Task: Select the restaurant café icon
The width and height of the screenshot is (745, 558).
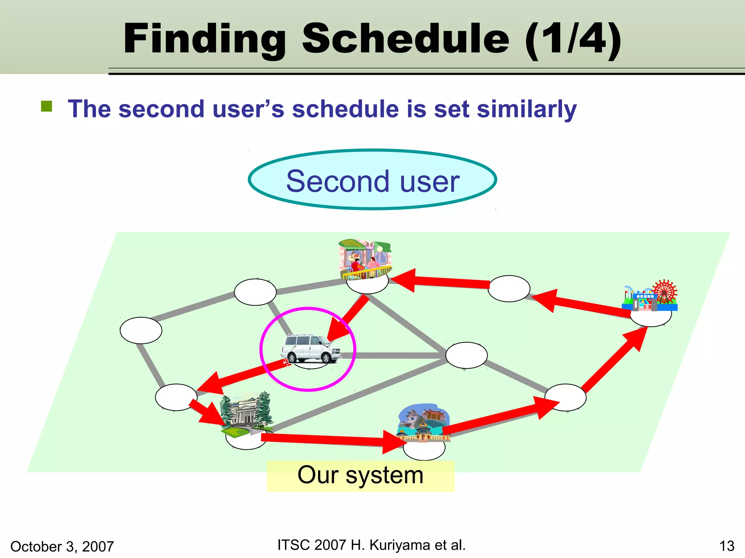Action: [365, 259]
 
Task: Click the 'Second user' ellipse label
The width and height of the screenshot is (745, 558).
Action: [372, 180]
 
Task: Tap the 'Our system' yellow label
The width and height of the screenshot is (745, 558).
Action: [360, 476]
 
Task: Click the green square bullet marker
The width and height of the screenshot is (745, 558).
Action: [47, 106]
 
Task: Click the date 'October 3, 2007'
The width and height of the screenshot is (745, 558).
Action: [62, 546]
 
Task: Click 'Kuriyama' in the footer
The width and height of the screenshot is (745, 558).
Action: [401, 545]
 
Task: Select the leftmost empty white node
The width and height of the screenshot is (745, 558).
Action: [141, 330]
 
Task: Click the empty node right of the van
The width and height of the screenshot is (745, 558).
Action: [466, 355]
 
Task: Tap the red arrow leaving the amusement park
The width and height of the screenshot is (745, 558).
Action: [582, 302]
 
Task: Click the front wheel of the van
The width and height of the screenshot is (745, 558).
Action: [326, 358]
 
